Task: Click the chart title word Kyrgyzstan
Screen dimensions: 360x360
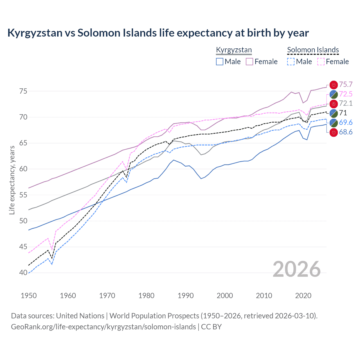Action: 35,33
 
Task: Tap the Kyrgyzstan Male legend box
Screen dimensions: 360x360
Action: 220,62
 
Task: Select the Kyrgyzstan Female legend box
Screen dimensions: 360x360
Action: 249,62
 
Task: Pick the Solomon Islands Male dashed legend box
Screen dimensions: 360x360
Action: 291,62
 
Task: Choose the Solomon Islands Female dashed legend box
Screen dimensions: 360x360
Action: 321,62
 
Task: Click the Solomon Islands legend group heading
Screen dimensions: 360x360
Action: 313,50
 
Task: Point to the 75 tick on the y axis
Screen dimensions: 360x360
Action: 23,91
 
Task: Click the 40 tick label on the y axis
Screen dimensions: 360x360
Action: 23,273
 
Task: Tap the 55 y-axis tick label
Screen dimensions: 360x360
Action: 23,195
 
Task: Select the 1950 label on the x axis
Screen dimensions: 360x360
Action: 29,296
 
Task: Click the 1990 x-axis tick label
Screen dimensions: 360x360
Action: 186,296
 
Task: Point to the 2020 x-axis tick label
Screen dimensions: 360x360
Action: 303,296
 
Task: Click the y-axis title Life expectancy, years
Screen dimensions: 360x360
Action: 12,180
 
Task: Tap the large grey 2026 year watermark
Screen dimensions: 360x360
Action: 297,269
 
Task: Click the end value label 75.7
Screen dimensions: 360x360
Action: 346,84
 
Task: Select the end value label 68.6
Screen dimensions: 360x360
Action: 346,132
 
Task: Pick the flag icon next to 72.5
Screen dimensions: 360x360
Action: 334,94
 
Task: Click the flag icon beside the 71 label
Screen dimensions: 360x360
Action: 334,113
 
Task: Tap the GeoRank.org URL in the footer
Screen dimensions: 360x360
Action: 103,327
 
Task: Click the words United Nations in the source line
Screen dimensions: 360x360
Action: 80,316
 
